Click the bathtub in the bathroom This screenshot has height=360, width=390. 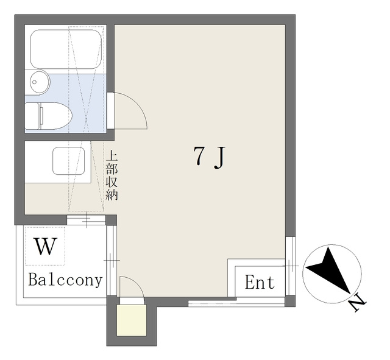[66, 49]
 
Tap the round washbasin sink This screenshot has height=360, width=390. [39, 82]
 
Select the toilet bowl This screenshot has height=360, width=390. [55, 116]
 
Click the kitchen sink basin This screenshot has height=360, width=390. [68, 161]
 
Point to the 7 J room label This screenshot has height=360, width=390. [209, 157]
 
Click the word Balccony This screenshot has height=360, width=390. [65, 280]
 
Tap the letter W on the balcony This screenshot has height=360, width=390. [45, 246]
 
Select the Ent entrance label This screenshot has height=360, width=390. [260, 282]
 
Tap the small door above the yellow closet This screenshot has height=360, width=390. [132, 300]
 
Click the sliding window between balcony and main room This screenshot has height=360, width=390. [112, 260]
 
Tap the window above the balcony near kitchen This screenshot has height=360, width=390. [87, 220]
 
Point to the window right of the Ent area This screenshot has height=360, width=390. [290, 266]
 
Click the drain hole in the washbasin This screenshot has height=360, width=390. [34, 82]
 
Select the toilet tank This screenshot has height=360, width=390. [32, 116]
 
